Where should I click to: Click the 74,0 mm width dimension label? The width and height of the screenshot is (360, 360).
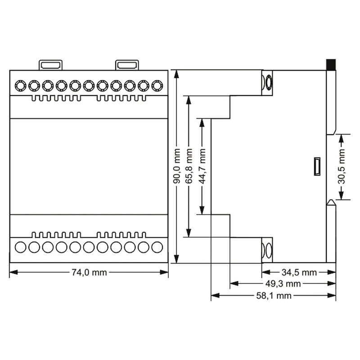[89, 273]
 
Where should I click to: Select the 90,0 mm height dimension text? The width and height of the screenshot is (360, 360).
[176, 166]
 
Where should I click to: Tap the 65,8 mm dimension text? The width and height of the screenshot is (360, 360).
[189, 166]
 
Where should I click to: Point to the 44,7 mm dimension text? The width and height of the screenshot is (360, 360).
[202, 166]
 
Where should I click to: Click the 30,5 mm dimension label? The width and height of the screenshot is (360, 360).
[342, 166]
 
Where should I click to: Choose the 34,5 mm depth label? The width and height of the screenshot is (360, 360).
[299, 273]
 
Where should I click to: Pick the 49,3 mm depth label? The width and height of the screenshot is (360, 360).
[283, 284]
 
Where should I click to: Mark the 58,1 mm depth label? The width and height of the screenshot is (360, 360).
[274, 296]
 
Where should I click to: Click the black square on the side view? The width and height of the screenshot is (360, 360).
[331, 65]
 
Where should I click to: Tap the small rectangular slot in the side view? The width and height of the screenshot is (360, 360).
[317, 166]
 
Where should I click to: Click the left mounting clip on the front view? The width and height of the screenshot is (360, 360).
[50, 65]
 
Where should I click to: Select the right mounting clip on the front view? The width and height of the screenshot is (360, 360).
[127, 65]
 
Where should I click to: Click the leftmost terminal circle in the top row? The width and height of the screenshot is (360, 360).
[20, 86]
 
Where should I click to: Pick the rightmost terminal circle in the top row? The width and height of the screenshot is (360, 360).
[157, 86]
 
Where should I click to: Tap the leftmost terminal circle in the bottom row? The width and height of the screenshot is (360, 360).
[20, 247]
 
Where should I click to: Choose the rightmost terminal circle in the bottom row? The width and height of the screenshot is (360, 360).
[157, 247]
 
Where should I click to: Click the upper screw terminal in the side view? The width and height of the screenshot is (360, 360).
[267, 83]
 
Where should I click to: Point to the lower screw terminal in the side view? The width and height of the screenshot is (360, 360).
[267, 250]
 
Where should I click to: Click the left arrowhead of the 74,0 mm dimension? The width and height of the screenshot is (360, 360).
[14, 273]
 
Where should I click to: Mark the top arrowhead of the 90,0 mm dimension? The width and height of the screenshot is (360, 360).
[176, 74]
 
